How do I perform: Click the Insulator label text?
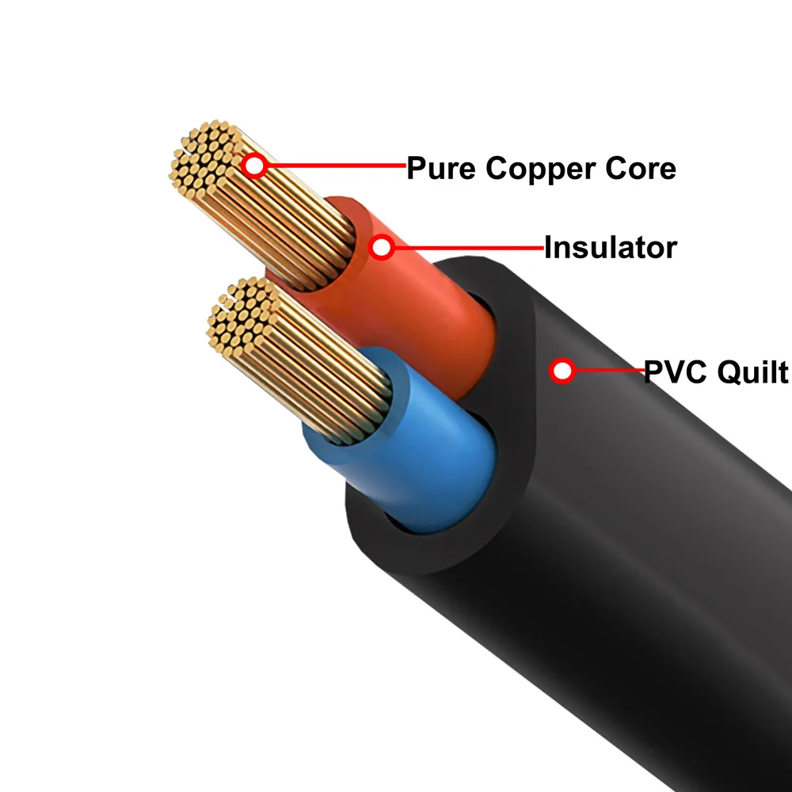[x=610, y=248]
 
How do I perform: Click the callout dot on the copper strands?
[x=254, y=166]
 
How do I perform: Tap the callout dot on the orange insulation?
[x=383, y=248]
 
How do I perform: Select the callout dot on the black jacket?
[x=562, y=370]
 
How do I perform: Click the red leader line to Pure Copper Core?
[x=333, y=166]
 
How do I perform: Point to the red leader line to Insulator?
[x=467, y=248]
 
